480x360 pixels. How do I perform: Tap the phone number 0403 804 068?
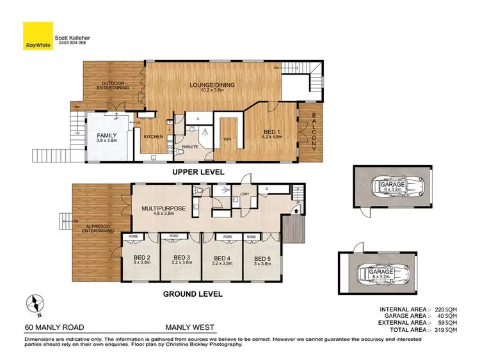pyautogui.click(x=71, y=43)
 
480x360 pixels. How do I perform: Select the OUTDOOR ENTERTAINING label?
pyautogui.click(x=113, y=84)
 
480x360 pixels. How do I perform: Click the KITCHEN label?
pyautogui.click(x=154, y=137)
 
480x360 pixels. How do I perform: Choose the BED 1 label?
pyautogui.click(x=273, y=132)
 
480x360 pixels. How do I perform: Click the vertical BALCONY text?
pyautogui.click(x=315, y=132)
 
